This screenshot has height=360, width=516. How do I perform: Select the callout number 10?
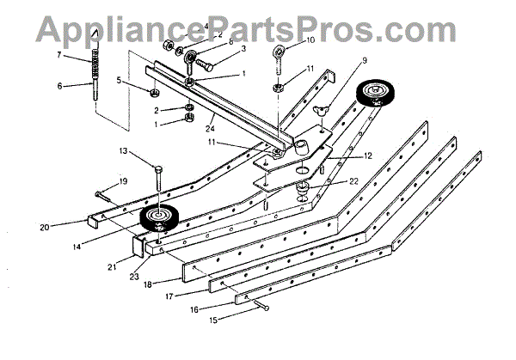(x=310, y=40)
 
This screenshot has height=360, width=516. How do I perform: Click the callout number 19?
(x=123, y=181)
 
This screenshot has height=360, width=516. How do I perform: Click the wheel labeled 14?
(x=157, y=217)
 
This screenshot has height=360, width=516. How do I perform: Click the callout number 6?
(x=60, y=86)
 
